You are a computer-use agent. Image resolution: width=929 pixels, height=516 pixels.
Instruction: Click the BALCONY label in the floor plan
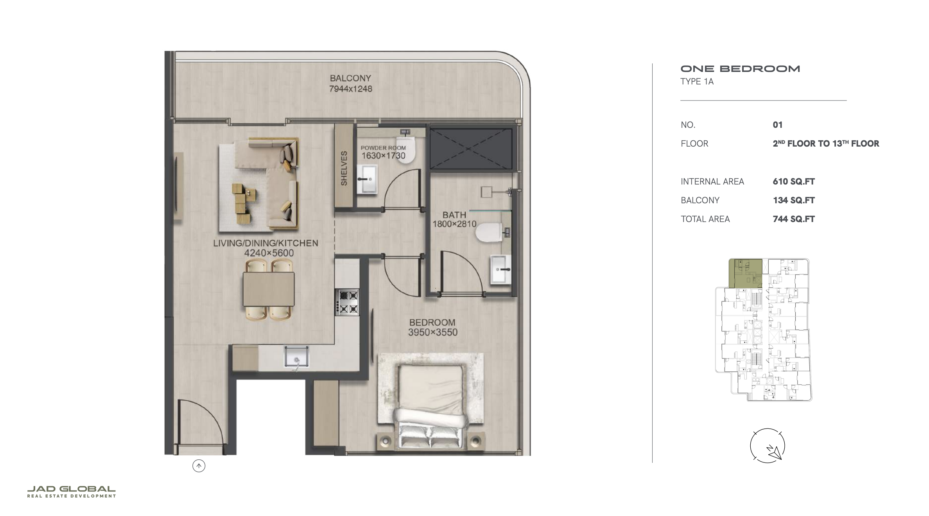point(350,78)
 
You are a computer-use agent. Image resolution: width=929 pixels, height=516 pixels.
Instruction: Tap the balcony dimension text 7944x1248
point(350,89)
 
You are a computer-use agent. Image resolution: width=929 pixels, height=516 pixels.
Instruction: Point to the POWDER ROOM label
point(383,148)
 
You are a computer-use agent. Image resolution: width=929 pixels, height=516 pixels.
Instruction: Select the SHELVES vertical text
point(344,168)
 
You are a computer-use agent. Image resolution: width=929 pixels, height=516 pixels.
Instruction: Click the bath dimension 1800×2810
point(454,224)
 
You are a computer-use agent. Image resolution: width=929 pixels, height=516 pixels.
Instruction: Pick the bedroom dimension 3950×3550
point(432,332)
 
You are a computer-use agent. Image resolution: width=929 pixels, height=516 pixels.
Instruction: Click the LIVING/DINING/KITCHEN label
point(265,243)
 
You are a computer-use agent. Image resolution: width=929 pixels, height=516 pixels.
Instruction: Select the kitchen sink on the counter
point(296,357)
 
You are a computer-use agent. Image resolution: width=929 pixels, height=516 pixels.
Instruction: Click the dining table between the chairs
point(269,289)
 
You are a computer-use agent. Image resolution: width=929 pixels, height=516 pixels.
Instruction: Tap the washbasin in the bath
point(501,269)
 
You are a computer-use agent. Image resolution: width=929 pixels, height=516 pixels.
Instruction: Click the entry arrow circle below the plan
point(199,466)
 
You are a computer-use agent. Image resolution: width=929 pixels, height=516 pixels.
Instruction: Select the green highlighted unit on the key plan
point(746,273)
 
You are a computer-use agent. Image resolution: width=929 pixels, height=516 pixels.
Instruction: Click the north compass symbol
point(768,446)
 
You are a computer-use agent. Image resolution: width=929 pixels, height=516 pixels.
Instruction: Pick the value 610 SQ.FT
point(794,181)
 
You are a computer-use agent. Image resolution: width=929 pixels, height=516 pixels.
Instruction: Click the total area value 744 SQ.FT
point(794,219)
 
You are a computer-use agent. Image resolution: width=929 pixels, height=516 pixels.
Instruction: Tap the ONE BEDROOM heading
point(740,69)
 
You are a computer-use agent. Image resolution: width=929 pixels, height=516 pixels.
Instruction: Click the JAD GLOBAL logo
point(72,492)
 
